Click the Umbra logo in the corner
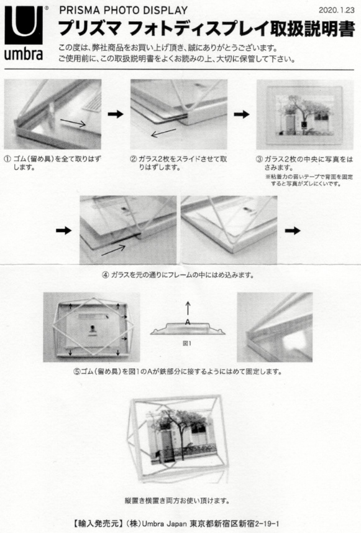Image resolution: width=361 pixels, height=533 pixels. [24, 32]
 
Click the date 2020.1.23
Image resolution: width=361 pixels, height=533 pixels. [336, 10]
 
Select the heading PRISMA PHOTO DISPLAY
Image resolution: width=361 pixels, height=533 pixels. [123, 10]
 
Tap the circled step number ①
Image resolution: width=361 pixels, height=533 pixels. [7, 159]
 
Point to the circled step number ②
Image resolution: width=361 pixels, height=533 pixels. [134, 159]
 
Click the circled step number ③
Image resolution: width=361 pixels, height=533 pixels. [259, 159]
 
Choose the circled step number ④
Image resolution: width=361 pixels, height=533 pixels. [105, 275]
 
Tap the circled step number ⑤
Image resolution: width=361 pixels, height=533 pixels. [77, 371]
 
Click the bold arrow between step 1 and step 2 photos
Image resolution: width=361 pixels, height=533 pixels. [116, 114]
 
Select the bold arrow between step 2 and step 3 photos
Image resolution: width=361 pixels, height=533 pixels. [242, 114]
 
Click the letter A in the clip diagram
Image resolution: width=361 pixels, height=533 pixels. [188, 322]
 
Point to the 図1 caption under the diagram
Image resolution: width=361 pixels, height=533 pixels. [187, 343]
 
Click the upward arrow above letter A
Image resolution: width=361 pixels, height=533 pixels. [188, 308]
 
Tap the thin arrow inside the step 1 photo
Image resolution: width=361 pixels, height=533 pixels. [73, 123]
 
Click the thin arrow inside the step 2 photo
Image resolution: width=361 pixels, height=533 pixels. [163, 133]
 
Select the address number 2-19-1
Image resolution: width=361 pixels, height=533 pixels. [267, 524]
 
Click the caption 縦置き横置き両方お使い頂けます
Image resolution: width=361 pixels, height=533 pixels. [177, 501]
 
